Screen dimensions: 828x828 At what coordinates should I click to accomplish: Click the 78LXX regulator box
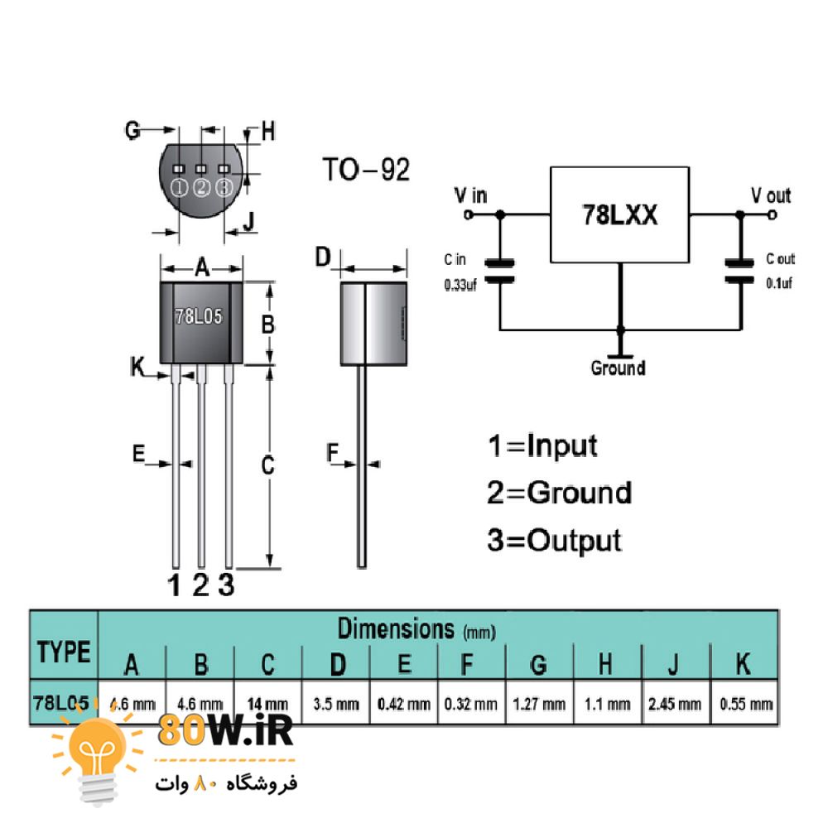(x=619, y=214)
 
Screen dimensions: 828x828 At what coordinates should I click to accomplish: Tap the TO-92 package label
(x=365, y=170)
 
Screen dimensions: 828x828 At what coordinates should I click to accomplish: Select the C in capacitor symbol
(x=499, y=272)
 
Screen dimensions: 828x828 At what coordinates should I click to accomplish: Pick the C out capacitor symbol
(x=739, y=272)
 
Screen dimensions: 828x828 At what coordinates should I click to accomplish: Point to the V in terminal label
(x=470, y=195)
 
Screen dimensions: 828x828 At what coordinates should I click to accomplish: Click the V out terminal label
(x=770, y=195)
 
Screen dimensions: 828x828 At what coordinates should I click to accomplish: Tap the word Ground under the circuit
(x=618, y=368)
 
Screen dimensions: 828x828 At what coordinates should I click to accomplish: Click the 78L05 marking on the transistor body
(x=199, y=317)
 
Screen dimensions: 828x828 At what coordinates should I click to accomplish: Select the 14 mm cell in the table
(x=267, y=705)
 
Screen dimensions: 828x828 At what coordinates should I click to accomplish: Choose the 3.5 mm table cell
(x=336, y=705)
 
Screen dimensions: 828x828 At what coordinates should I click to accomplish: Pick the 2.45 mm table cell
(x=675, y=705)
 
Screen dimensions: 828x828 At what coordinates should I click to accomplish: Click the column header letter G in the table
(x=538, y=663)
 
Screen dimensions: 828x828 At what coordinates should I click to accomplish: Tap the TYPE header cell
(x=64, y=652)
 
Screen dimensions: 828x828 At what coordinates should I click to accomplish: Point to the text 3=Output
(x=554, y=541)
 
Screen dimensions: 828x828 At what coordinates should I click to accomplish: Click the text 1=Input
(x=542, y=446)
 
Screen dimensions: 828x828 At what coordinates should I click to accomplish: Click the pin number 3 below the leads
(x=226, y=585)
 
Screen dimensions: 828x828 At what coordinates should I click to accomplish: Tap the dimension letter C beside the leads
(x=267, y=466)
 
